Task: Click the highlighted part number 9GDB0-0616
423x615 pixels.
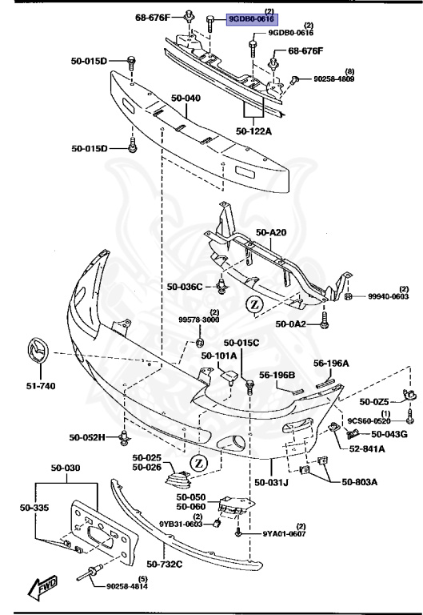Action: [251, 20]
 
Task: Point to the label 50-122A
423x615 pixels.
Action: [253, 130]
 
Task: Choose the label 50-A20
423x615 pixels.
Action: [270, 232]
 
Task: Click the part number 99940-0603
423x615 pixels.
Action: [389, 296]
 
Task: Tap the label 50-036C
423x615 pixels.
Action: [186, 285]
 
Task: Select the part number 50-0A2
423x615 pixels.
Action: [290, 324]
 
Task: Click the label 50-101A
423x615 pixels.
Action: [218, 356]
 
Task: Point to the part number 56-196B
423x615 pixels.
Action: [277, 375]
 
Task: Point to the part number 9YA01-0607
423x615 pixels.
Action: [283, 534]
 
